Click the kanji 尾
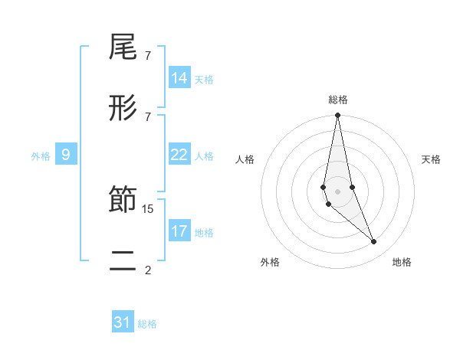[123, 48]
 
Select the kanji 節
[123, 201]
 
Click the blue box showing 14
[179, 78]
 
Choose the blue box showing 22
[179, 155]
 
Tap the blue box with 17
[179, 231]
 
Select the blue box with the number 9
[66, 155]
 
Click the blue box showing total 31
[123, 322]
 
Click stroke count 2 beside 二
[148, 270]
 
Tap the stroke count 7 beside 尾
[148, 56]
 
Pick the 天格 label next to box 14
[204, 79]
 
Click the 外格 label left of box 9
[41, 156]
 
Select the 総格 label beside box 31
[147, 324]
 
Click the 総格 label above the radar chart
[338, 100]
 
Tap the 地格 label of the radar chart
[402, 262]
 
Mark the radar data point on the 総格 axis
[338, 116]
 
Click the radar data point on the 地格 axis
[374, 242]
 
